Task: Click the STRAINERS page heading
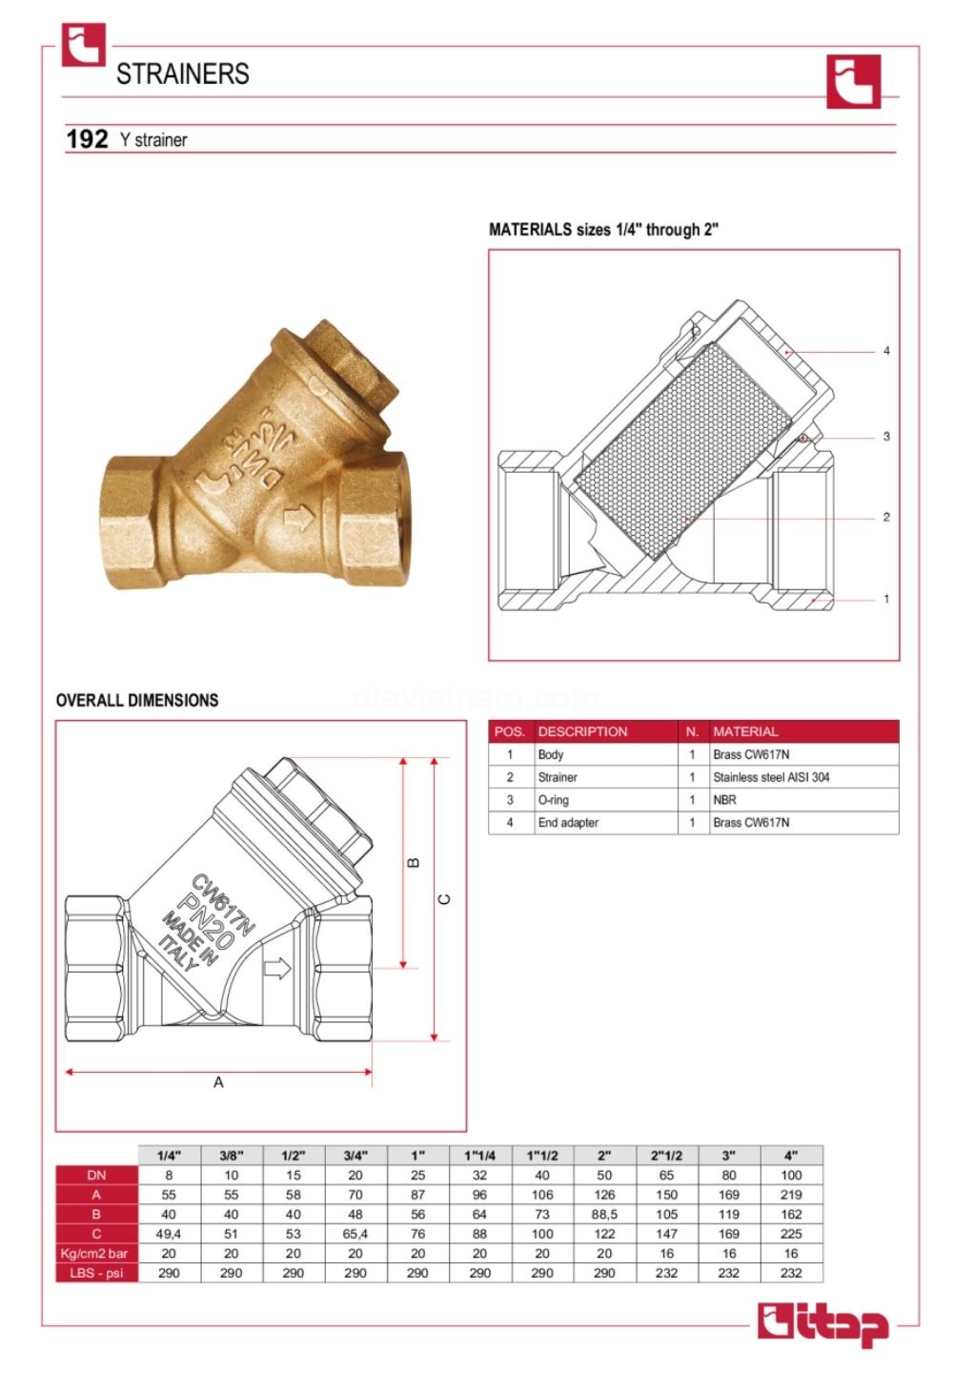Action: coord(183,73)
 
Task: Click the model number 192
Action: coord(87,139)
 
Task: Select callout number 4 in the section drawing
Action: coord(886,351)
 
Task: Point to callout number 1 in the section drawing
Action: coord(886,599)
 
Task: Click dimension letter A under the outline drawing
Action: coord(218,1082)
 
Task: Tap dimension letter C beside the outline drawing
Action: coord(444,899)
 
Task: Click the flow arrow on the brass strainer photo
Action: coord(298,518)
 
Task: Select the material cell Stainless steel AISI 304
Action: coord(771,777)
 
